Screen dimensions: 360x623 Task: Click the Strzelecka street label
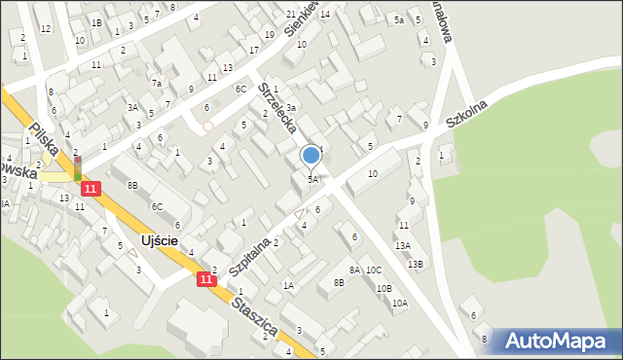tap(279, 107)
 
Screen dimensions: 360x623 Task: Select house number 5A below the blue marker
tap(312, 179)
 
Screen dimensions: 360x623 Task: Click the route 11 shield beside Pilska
tap(91, 188)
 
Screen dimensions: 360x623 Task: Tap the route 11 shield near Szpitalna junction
tap(205, 279)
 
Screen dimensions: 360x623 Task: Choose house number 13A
tap(403, 246)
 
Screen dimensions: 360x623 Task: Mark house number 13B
tap(416, 264)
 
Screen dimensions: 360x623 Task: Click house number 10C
tap(375, 270)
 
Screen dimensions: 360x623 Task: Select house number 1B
tap(96, 22)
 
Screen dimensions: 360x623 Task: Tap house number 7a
tap(156, 84)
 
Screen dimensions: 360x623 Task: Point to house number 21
tap(291, 15)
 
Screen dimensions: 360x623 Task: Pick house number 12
tap(46, 28)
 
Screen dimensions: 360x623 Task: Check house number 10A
tap(399, 304)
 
